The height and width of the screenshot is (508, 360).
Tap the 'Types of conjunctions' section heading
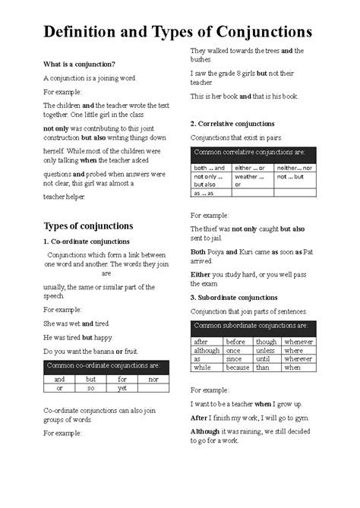(x=88, y=226)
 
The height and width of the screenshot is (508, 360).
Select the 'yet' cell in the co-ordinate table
(x=122, y=387)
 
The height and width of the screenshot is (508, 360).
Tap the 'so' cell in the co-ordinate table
(x=90, y=387)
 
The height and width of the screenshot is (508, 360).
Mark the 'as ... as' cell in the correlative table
(x=204, y=193)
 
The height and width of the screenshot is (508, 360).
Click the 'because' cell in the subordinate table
(x=238, y=367)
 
